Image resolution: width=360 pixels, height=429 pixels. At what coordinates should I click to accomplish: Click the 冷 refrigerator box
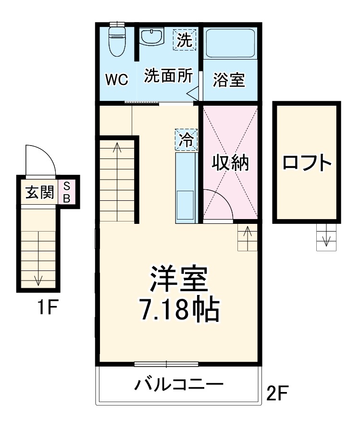pyautogui.click(x=186, y=140)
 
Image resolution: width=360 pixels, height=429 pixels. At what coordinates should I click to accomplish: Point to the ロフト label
pyautogui.click(x=307, y=163)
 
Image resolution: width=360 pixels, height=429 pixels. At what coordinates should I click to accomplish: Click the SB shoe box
pyautogui.click(x=67, y=192)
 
